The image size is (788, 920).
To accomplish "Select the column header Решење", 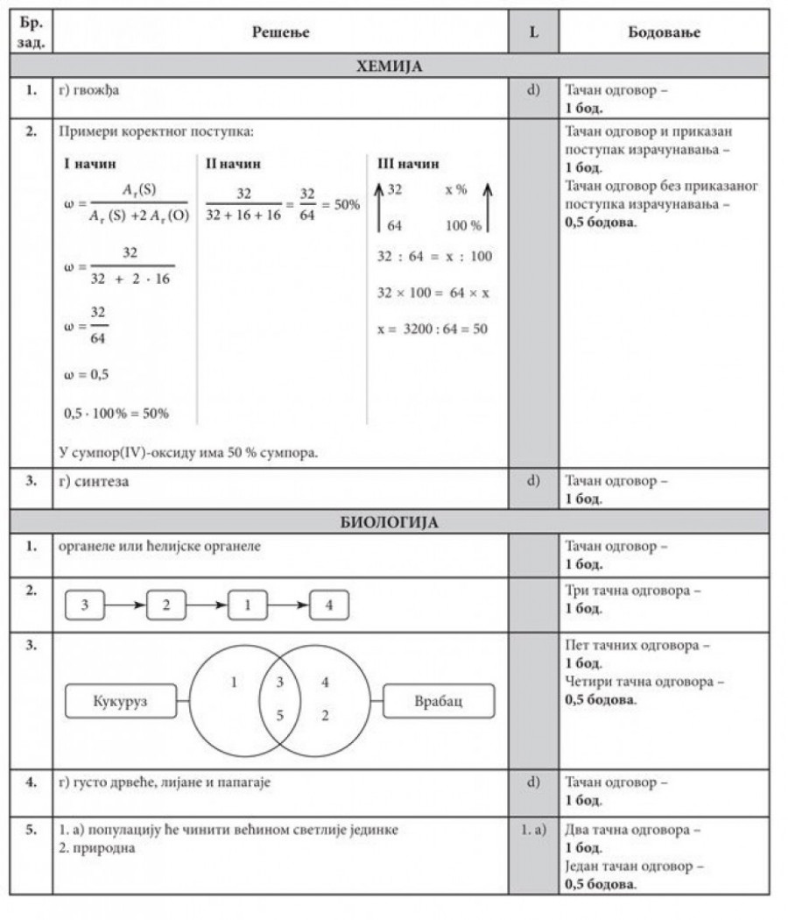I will tap(280, 32).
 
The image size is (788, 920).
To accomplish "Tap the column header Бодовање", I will tap(665, 32).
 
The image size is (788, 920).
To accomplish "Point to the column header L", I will tap(533, 32).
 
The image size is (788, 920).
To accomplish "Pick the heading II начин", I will tap(233, 164).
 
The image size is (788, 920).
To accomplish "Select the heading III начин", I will tap(408, 164).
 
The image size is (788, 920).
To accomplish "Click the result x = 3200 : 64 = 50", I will tap(432, 329).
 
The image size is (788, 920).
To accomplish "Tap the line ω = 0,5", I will tap(87, 374).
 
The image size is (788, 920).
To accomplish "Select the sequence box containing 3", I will tap(84, 605).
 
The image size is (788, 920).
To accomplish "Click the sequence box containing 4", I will tap(328, 605).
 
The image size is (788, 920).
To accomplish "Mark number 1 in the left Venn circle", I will tap(234, 681).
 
